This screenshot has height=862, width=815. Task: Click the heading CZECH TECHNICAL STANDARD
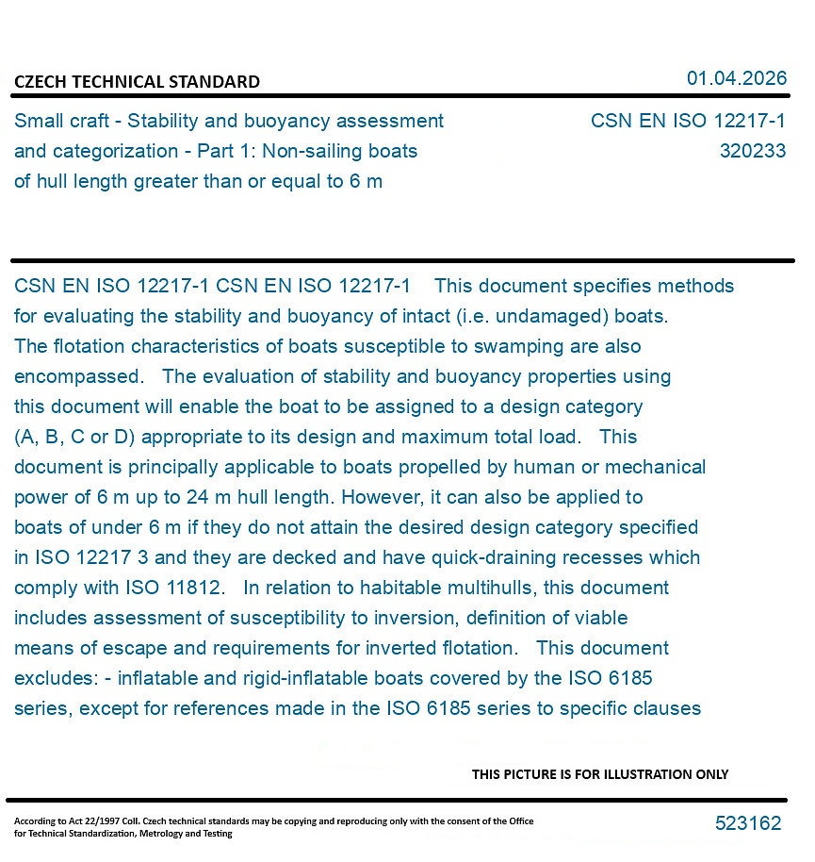[137, 82]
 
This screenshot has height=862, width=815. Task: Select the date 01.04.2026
[736, 78]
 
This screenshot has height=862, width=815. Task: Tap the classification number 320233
[752, 151]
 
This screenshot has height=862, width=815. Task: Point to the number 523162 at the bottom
[747, 823]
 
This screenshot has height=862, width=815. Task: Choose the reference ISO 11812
[174, 588]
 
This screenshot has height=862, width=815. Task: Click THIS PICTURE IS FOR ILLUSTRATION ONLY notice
[599, 774]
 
